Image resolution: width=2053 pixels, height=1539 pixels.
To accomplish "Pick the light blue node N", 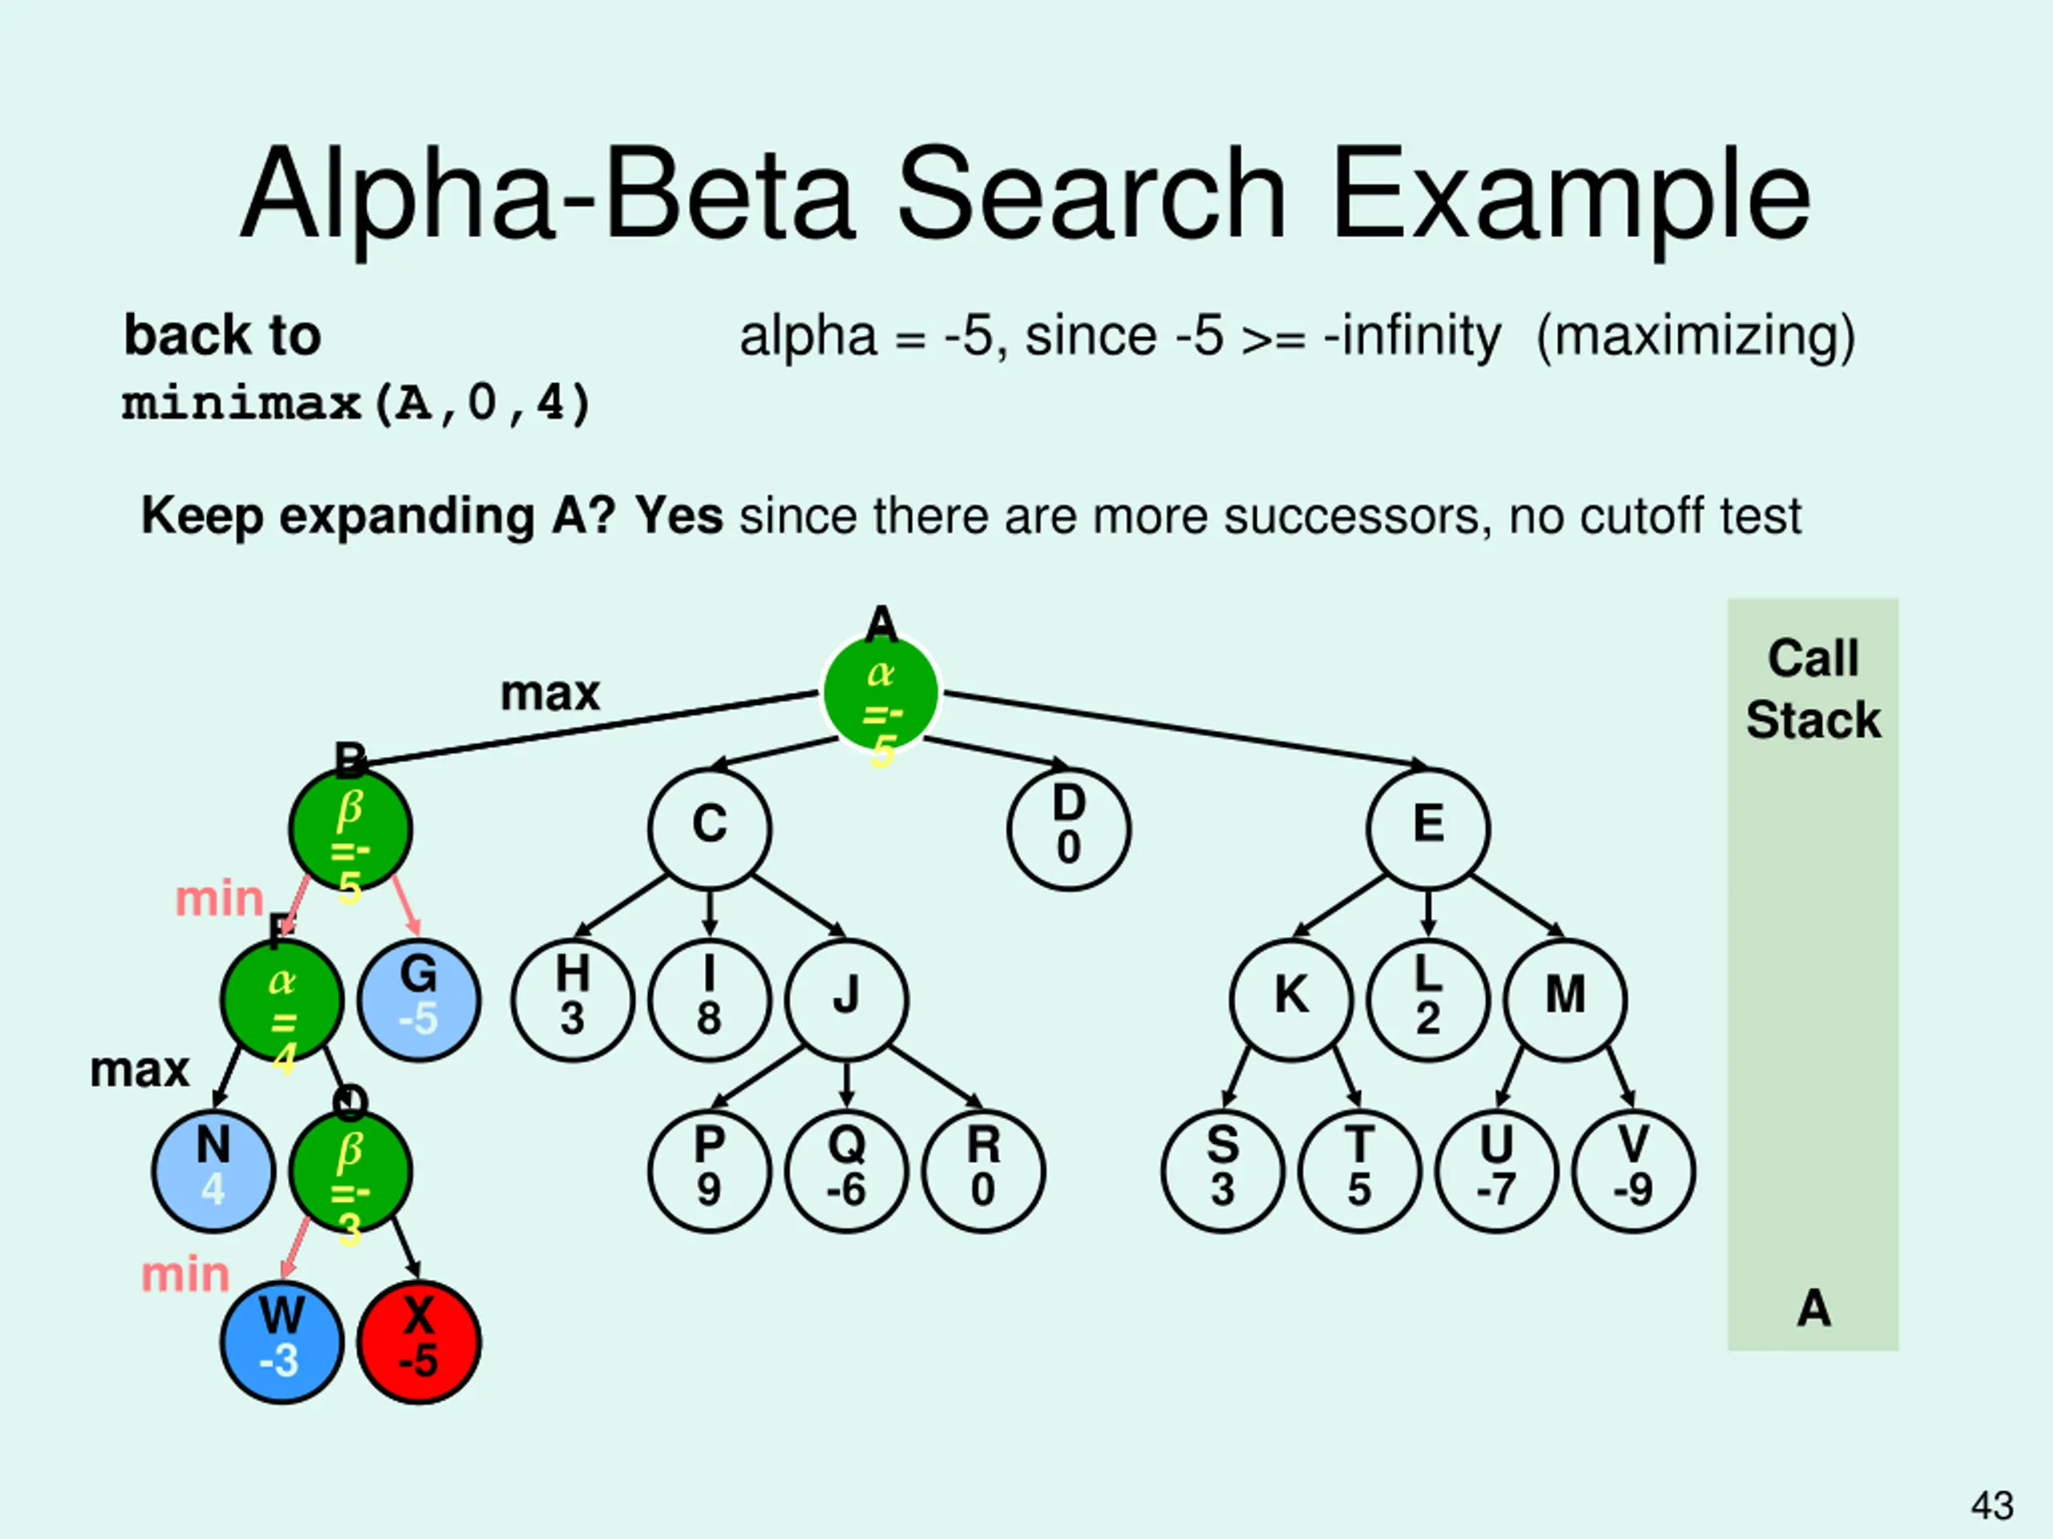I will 213,1171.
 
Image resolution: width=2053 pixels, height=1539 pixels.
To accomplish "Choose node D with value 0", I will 1068,828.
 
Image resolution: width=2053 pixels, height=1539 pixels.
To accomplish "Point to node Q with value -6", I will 845,1171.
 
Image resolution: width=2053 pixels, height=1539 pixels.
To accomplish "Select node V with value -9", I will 1634,1171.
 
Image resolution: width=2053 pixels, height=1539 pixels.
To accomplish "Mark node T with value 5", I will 1359,1171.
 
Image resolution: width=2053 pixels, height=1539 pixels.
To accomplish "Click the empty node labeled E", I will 1427,828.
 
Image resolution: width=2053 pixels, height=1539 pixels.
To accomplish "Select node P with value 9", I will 709,1171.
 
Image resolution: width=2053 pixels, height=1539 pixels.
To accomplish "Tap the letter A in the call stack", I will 1813,1309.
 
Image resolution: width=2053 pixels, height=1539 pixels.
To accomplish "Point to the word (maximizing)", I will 1695,336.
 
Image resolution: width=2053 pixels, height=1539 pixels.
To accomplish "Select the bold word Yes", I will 678,515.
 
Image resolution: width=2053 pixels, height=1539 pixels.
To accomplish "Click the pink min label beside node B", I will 219,899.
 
